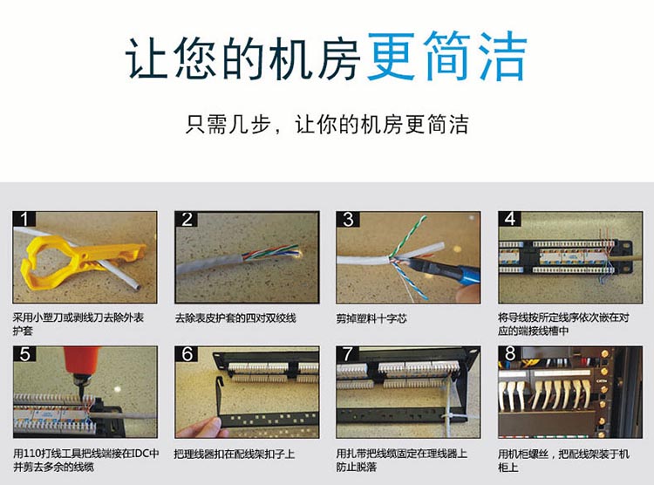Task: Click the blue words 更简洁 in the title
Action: click(x=446, y=56)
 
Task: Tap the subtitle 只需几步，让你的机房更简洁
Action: click(x=327, y=124)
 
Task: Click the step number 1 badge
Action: click(x=24, y=219)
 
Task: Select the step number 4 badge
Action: click(x=510, y=219)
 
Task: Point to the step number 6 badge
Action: click(x=187, y=354)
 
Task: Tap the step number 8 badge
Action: click(x=510, y=353)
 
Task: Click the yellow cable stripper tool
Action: click(x=79, y=261)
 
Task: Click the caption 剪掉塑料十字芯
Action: click(x=371, y=318)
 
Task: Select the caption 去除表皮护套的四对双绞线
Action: click(x=235, y=318)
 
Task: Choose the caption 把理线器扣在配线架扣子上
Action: click(x=235, y=454)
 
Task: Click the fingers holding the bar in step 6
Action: click(x=201, y=427)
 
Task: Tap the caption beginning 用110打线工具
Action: click(x=86, y=460)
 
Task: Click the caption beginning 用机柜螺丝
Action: click(x=564, y=460)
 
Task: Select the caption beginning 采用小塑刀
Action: click(x=78, y=324)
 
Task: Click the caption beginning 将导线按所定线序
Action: click(x=564, y=324)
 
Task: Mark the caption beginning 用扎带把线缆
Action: click(x=402, y=460)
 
